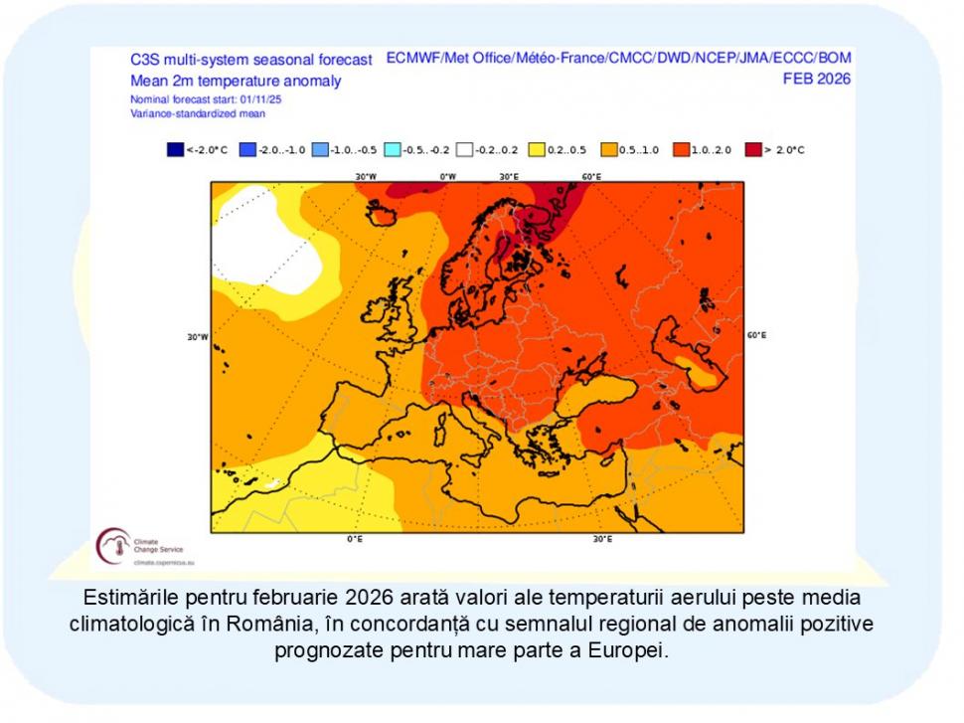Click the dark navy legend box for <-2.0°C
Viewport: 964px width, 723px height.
click(176, 149)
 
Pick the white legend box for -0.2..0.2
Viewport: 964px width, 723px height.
click(464, 149)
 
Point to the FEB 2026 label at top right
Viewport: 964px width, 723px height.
click(817, 79)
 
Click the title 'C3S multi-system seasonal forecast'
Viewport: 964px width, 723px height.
click(250, 60)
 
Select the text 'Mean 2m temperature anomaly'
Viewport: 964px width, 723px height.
click(236, 81)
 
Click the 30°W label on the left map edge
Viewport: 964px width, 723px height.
click(198, 337)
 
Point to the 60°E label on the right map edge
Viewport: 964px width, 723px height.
click(756, 335)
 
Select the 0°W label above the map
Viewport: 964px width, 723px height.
click(448, 176)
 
